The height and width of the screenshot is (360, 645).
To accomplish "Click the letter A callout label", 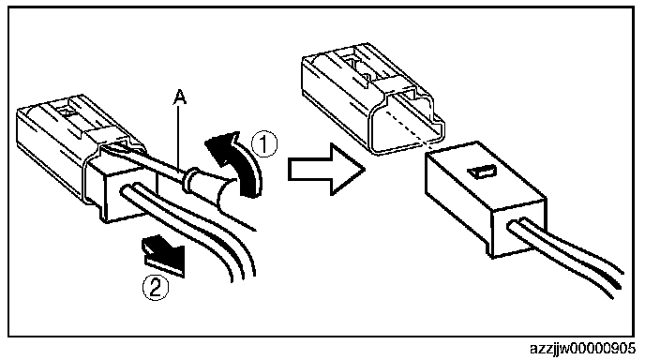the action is pos(179,97).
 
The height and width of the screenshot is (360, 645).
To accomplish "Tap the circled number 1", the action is pos(264,144).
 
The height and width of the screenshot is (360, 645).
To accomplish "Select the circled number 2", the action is pos(156,288).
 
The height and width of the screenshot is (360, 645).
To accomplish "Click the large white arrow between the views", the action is pos(326,169).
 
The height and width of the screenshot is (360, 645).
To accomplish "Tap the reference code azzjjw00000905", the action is pos(582,349).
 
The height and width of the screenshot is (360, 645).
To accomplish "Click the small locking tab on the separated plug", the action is pos(484,172).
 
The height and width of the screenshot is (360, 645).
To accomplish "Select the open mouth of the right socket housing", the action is pos(406,124).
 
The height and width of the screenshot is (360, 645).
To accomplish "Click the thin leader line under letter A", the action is pos(178,137).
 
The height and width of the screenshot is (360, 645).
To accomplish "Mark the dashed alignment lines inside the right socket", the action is pos(407,124).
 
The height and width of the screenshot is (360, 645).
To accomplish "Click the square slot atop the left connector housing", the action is pos(66,111).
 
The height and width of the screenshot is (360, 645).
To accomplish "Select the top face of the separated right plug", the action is pos(486,172).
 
